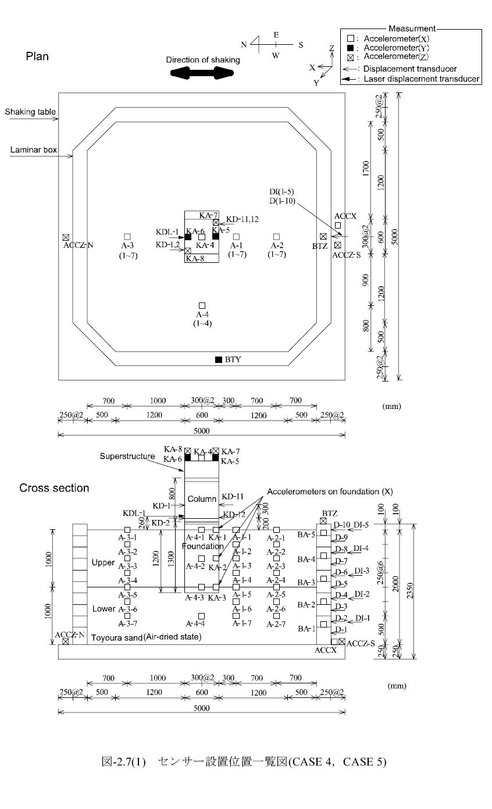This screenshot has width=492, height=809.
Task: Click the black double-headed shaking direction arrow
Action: (202, 73)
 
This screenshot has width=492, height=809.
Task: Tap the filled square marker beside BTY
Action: (219, 359)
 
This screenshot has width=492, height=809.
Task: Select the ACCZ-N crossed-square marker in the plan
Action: (66, 237)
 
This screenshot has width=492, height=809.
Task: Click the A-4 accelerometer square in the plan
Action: (202, 306)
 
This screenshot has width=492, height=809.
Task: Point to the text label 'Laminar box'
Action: (34, 149)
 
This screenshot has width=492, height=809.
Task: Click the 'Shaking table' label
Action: (30, 112)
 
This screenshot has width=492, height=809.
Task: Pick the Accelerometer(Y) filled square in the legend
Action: (350, 48)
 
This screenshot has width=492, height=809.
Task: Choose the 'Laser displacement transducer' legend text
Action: (421, 79)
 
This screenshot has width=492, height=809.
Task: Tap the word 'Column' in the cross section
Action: (202, 499)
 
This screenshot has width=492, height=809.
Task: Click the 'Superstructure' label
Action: (127, 456)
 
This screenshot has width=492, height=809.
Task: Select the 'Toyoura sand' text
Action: (117, 638)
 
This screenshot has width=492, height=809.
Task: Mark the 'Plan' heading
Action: (37, 56)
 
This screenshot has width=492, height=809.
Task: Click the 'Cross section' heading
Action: (54, 488)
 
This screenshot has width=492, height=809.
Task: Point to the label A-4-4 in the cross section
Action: (195, 623)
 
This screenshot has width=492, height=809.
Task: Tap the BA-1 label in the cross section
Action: (306, 629)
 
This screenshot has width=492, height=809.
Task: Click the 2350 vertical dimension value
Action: (410, 590)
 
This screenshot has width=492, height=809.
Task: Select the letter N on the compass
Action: (244, 45)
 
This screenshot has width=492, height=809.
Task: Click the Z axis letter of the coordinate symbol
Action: (331, 48)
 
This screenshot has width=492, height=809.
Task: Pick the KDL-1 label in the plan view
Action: (167, 232)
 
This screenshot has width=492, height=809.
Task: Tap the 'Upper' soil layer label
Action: (103, 562)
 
